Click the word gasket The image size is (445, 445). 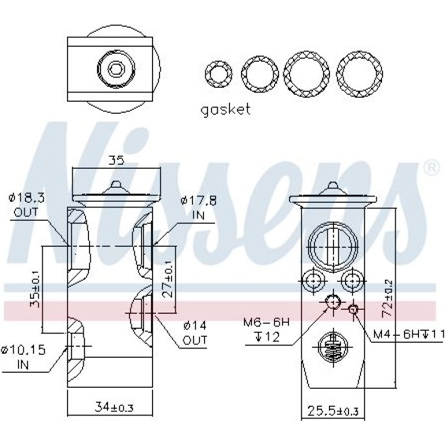pos(225,110)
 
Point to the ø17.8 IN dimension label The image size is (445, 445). pos(198,207)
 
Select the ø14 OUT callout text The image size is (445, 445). pos(195,332)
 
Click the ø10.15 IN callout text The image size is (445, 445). pos(23,357)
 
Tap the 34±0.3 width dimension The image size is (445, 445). pos(114,407)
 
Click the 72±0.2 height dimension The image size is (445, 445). pos(387,298)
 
